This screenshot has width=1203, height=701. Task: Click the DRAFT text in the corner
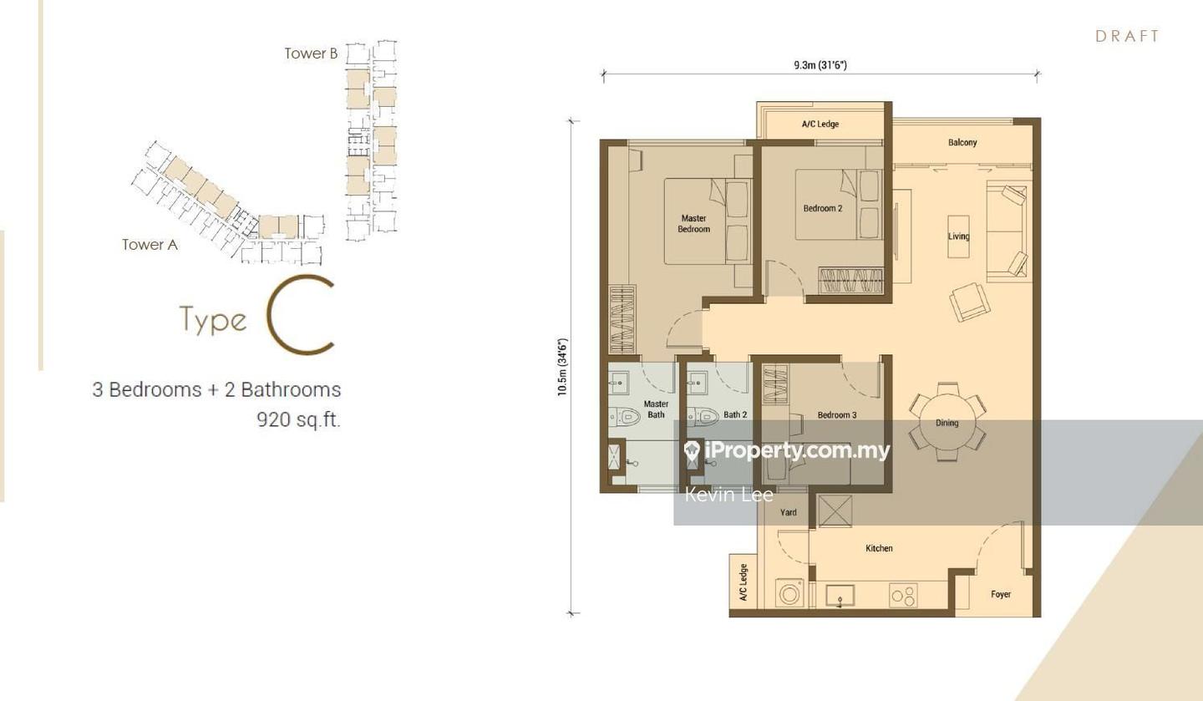click(1127, 36)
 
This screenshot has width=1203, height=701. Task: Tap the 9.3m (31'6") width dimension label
click(820, 65)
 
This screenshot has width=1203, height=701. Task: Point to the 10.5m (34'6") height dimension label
click(563, 367)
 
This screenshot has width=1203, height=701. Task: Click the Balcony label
click(962, 143)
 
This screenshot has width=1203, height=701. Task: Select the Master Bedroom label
click(693, 224)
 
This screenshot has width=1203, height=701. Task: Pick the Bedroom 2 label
click(822, 208)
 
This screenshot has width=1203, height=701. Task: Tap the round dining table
click(947, 422)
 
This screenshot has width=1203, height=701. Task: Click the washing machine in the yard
click(789, 594)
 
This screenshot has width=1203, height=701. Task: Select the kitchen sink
click(840, 596)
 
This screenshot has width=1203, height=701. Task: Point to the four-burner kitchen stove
click(903, 596)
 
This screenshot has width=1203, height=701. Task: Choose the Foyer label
click(1000, 594)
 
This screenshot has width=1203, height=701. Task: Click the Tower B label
click(311, 53)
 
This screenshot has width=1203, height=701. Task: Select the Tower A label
click(150, 245)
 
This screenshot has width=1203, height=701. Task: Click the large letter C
click(301, 315)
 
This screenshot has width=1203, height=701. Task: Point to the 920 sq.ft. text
click(298, 419)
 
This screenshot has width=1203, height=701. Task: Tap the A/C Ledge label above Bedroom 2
click(820, 124)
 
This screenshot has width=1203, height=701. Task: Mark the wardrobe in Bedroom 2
click(850, 281)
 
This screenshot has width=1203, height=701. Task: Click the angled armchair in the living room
click(969, 302)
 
